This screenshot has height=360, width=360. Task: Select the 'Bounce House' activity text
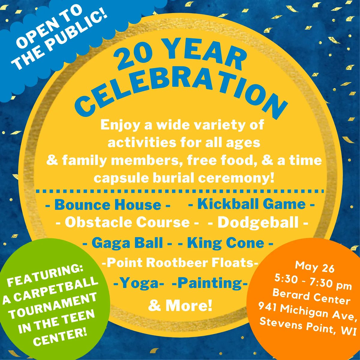108,205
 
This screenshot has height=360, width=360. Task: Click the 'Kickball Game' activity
251,204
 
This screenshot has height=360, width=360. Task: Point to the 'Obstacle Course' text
127,223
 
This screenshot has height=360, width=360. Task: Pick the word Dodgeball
258,223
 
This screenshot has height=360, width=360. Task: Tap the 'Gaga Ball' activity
127,243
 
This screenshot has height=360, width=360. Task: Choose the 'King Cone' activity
226,243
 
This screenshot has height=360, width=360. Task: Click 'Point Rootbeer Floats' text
180,263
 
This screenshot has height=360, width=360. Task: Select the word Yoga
139,283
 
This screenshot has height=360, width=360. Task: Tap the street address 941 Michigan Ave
307,310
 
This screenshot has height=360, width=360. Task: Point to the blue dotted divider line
180,191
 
